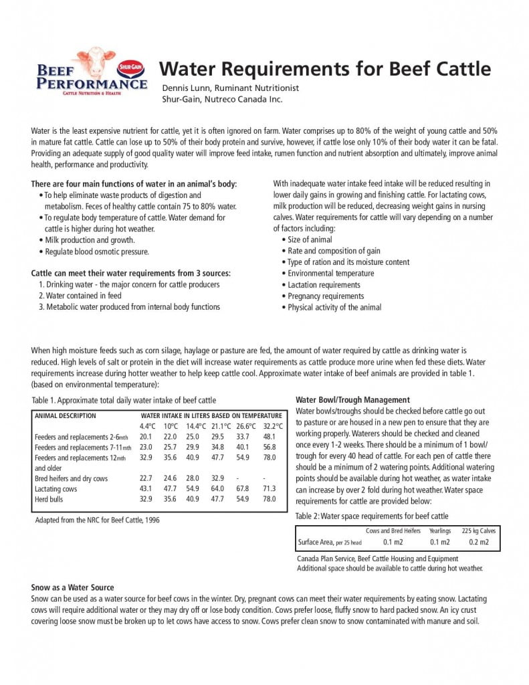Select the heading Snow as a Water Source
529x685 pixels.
pos(72,587)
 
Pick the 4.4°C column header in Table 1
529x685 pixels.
pos(148,425)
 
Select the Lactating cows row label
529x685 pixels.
pos(56,489)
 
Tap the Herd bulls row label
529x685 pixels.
pos(51,499)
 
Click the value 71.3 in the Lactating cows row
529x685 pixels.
pos(270,489)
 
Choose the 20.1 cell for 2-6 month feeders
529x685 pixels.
pos(146,436)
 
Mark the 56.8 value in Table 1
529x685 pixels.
pos(270,447)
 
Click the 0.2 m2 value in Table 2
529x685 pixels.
pos(479,542)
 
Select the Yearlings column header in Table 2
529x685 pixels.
pos(439,530)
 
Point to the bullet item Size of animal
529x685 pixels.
pos(310,239)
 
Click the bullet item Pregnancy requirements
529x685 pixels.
pos(326,296)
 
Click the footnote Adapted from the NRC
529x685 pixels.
pos(97,520)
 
